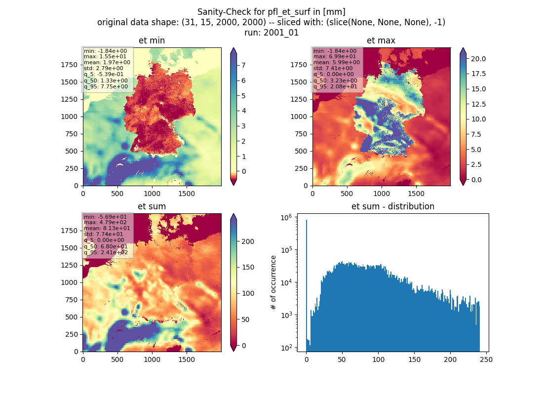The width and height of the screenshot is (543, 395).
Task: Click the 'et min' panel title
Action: click(x=152, y=40)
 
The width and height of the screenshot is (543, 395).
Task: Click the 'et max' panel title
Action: click(x=381, y=40)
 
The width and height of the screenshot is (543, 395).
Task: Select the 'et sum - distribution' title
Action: click(x=393, y=206)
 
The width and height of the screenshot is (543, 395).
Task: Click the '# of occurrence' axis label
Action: click(x=273, y=283)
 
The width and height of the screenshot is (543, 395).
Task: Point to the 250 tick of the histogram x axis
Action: click(x=486, y=359)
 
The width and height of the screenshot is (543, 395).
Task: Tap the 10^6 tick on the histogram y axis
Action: click(x=286, y=218)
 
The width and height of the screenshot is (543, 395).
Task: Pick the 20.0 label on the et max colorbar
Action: click(x=478, y=59)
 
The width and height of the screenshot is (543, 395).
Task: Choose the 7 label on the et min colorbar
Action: click(x=243, y=65)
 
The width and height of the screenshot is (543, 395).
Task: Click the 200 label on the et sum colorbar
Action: click(x=248, y=241)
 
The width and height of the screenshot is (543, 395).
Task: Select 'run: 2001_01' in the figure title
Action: click(x=271, y=33)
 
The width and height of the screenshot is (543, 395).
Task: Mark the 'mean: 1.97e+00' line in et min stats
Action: click(x=107, y=62)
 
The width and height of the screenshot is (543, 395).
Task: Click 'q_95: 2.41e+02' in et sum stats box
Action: click(x=106, y=253)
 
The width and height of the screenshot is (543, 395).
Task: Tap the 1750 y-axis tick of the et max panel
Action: click(x=299, y=65)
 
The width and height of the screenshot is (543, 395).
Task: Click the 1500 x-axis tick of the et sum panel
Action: click(x=186, y=359)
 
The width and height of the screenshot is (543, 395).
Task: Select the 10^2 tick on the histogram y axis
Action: click(x=286, y=348)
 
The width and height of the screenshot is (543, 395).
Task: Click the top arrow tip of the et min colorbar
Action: click(x=233, y=48)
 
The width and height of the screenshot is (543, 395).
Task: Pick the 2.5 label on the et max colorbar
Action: click(x=476, y=164)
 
